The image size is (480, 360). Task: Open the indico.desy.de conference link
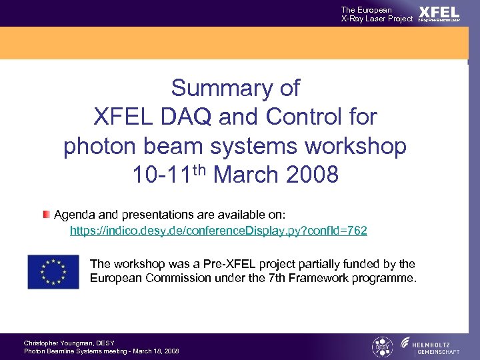pyautogui.click(x=219, y=231)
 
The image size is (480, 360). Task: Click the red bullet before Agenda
pyautogui.click(x=46, y=215)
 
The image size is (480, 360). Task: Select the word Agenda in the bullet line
pyautogui.click(x=75, y=215)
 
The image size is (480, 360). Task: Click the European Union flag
pyautogui.click(x=53, y=271)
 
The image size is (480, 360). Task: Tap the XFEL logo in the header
pyautogui.click(x=439, y=13)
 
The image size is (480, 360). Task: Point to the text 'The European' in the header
pyautogui.click(x=366, y=9)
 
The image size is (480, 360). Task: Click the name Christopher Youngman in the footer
pyautogui.click(x=60, y=343)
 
